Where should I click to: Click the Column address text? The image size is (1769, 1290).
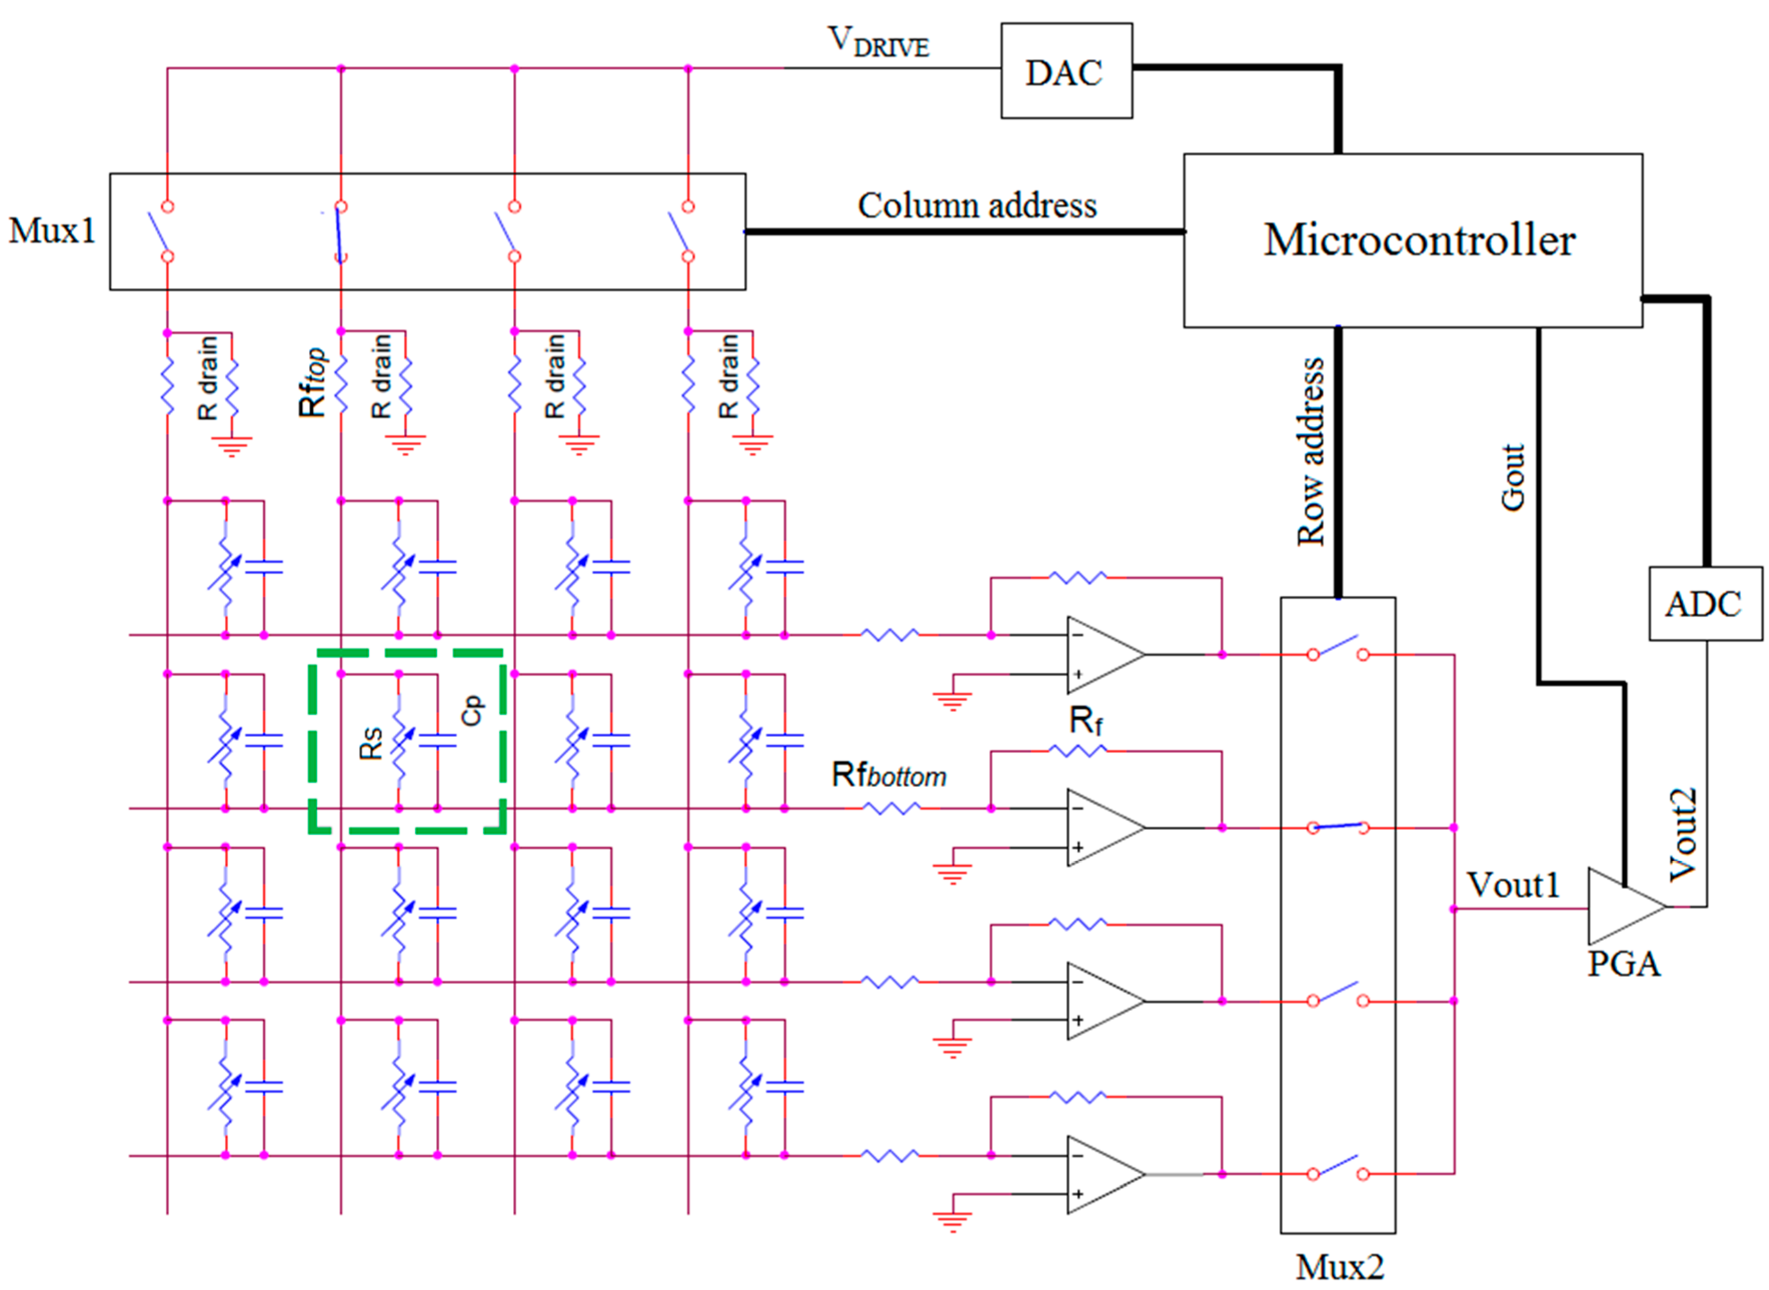(977, 205)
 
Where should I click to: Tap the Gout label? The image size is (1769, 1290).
(1513, 477)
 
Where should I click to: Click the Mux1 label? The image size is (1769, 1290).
(52, 230)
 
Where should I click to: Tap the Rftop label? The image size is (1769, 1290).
(313, 383)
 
